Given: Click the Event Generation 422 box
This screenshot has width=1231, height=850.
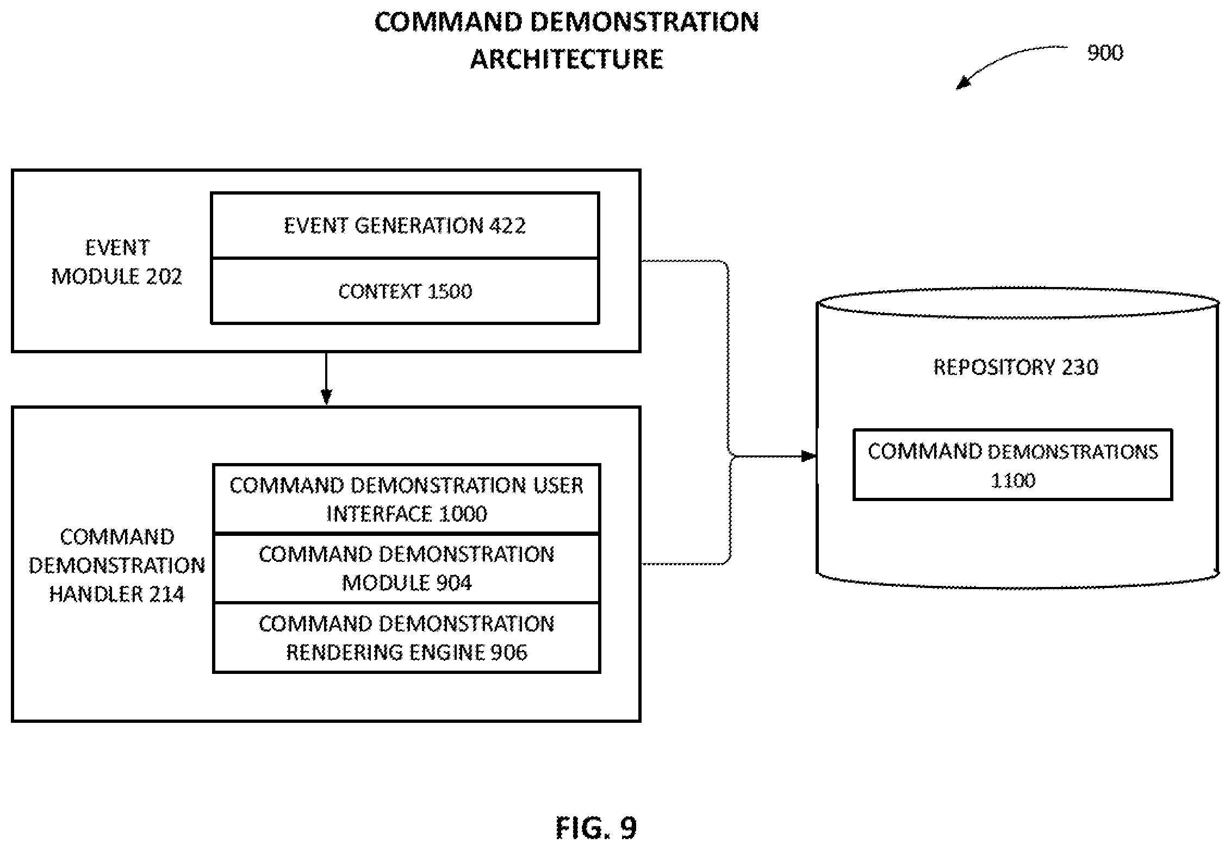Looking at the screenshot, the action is pos(405,225).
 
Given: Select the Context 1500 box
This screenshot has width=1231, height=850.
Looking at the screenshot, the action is pos(405,291).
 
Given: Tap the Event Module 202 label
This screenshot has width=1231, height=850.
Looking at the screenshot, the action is pos(117,262).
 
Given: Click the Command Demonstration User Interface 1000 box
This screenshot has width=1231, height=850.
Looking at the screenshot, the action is pos(407,499).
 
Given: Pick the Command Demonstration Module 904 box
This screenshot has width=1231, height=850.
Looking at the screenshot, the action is pos(407,568).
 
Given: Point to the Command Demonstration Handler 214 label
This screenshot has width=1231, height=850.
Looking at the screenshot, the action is pos(117,565).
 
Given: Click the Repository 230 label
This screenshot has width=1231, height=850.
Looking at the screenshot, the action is pos(1016,367).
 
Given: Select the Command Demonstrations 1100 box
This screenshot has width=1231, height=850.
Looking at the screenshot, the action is pos(1012,465).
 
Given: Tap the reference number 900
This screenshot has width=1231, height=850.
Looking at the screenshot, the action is pos(1105,53).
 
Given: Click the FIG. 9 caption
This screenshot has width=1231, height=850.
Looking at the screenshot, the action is pos(596,828).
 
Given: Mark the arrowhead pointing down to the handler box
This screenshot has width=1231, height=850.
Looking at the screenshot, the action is pos(326,398).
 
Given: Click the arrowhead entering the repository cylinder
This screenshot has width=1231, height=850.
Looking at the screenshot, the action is pos(809,455).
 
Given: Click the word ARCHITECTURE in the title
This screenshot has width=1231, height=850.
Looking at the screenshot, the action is pos(567,59).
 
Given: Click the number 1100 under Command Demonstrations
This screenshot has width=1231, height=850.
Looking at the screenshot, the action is pos(1012,480).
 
